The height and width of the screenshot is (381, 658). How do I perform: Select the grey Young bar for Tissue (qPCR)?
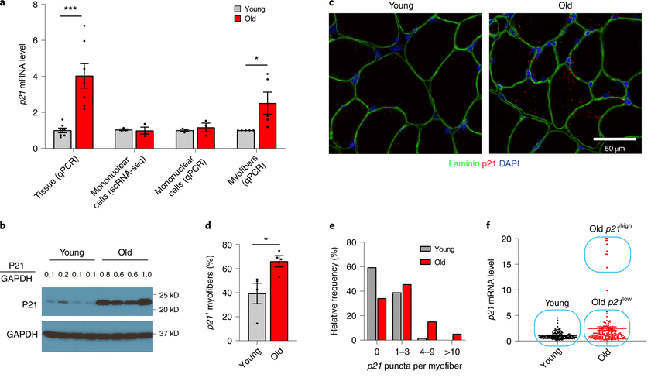coord(62,140)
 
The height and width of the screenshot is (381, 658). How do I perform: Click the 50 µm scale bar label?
coord(615,148)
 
